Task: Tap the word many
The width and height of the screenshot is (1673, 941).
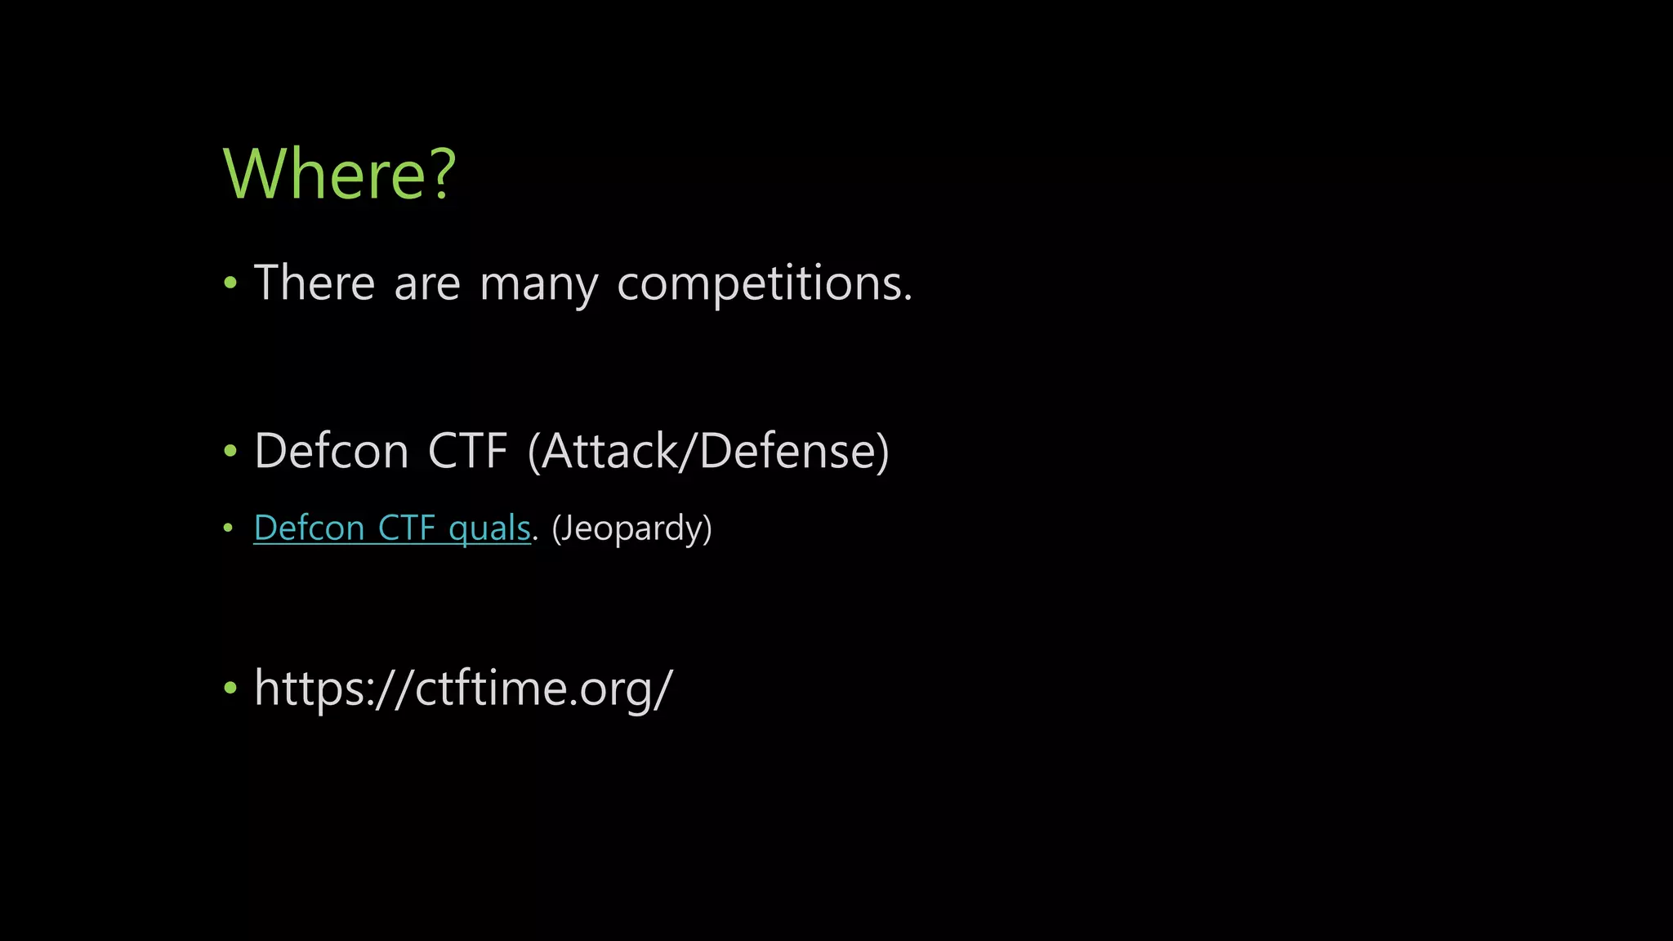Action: pos(539,286)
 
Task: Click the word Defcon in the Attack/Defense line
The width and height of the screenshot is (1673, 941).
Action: pos(331,451)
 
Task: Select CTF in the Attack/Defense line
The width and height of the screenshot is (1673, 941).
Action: pos(467,451)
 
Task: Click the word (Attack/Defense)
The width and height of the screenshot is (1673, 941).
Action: pos(708,451)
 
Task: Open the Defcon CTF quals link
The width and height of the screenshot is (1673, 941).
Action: pos(392,528)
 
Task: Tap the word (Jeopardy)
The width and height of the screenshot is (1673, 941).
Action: pos(631,528)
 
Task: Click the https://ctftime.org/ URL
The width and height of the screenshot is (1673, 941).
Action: pos(463,688)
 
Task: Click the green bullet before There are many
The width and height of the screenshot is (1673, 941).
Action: pos(230,283)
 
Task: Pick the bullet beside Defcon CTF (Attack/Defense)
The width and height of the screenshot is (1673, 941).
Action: pos(230,451)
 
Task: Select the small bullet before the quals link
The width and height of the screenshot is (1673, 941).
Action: pos(228,528)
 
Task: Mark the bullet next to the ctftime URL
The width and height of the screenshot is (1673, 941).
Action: pos(230,688)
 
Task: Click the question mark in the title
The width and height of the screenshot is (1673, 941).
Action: pos(442,174)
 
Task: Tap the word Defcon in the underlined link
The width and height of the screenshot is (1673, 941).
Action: pos(309,528)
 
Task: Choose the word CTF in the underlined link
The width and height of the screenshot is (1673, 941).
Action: pos(407,528)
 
